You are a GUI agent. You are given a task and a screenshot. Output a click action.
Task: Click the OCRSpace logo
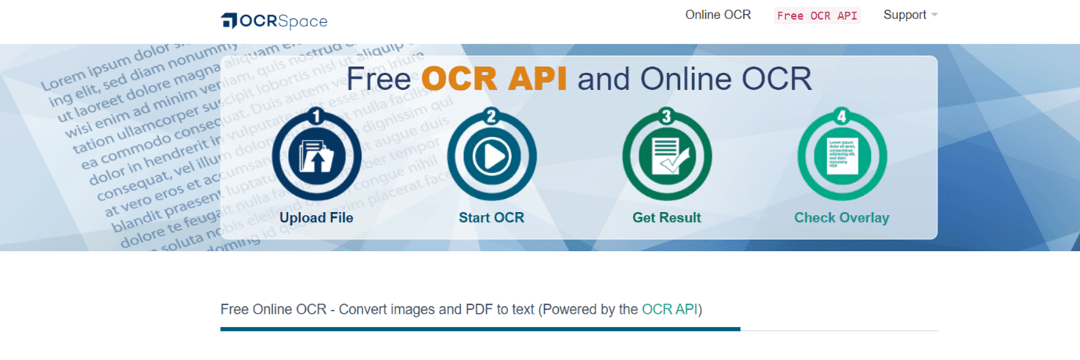[274, 21]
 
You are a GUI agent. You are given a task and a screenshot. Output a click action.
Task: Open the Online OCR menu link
[718, 15]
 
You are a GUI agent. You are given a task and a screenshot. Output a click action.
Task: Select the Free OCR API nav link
[816, 16]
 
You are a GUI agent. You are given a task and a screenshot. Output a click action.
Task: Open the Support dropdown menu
[910, 15]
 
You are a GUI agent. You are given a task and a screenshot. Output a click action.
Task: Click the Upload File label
[316, 218]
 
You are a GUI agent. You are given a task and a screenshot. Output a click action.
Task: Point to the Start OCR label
[491, 218]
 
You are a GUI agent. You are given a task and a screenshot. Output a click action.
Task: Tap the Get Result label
[667, 218]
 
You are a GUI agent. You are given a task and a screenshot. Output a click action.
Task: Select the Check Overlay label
[842, 218]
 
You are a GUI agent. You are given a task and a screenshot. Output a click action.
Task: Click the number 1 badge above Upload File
[316, 117]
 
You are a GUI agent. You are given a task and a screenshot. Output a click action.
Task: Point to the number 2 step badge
[491, 117]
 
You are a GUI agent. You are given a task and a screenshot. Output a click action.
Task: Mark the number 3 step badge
[667, 117]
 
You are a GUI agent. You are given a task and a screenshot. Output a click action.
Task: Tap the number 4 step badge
[842, 117]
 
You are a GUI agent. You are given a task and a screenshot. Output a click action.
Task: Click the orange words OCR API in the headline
[495, 79]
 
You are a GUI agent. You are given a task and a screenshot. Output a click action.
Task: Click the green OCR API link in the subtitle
[669, 309]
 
